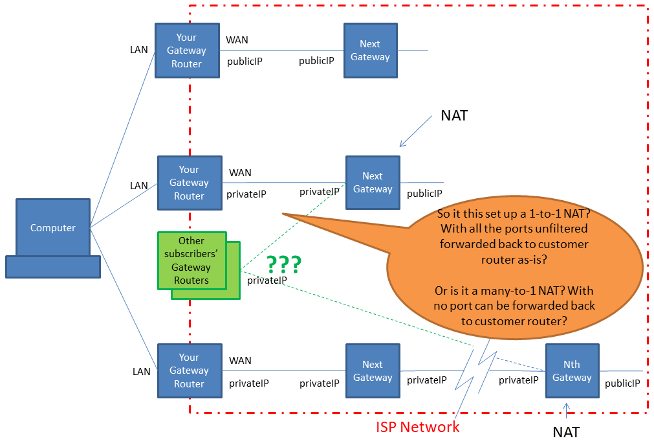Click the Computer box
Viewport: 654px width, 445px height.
53,227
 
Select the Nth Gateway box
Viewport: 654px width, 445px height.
572,371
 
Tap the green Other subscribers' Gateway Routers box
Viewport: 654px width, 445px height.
191,261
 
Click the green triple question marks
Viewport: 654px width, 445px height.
283,264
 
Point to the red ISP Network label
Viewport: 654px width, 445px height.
418,427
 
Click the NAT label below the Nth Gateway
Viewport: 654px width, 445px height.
566,431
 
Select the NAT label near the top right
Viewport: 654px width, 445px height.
454,116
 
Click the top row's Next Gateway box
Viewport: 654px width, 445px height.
370,51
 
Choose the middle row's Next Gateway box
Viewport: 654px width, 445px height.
373,183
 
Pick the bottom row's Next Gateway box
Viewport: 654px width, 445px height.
373,371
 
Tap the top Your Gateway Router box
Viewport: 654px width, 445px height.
187,51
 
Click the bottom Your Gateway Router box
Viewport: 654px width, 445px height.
189,371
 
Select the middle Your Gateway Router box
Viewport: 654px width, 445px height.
190,183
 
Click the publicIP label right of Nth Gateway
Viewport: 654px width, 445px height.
622,383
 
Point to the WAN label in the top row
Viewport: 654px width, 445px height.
237,40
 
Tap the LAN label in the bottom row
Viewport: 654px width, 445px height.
142,372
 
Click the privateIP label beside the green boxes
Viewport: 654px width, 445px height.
267,280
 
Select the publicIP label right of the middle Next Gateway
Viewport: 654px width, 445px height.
424,193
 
